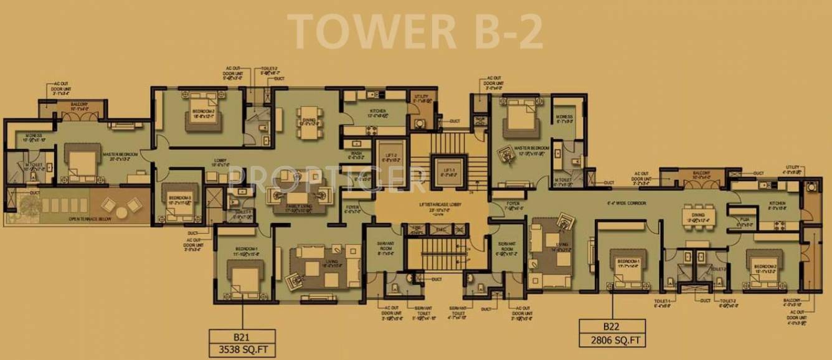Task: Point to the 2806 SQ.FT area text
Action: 611,340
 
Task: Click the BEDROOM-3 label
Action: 179,199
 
